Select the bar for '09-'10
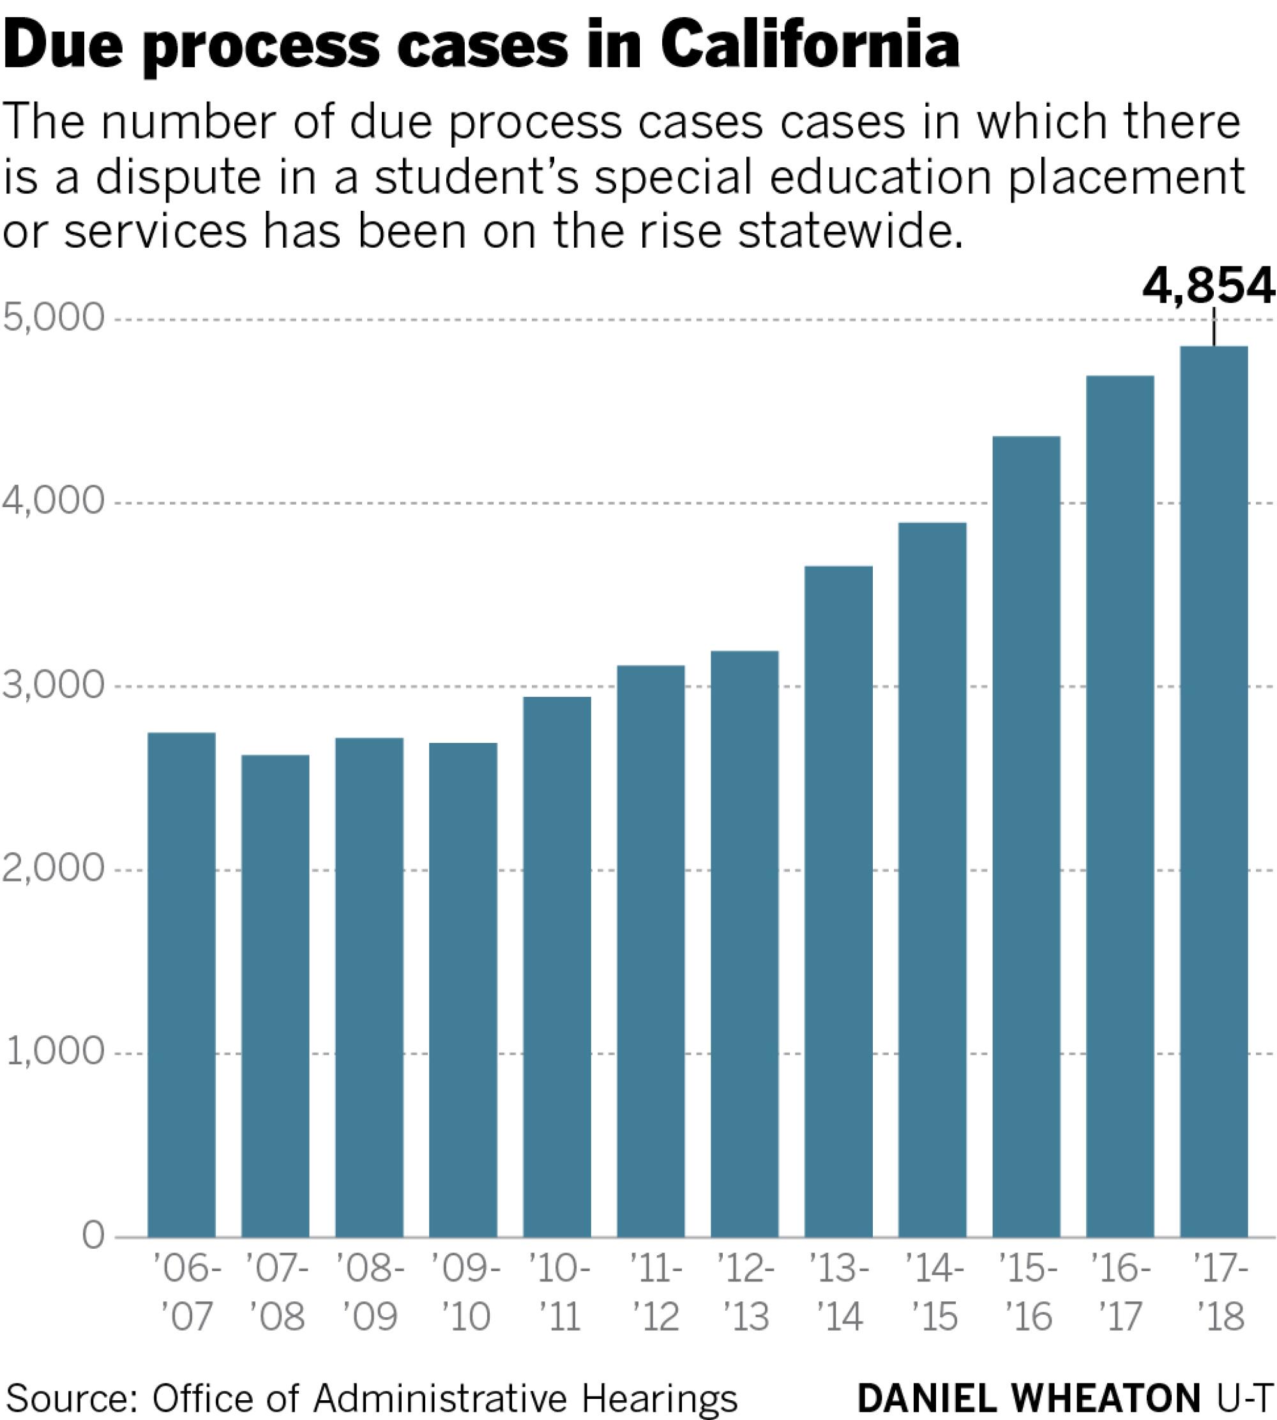click(x=463, y=989)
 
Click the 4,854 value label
click(x=1207, y=286)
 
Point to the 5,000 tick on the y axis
click(x=54, y=319)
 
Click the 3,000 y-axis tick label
click(x=54, y=686)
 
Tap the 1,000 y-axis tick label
click(x=56, y=1053)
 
